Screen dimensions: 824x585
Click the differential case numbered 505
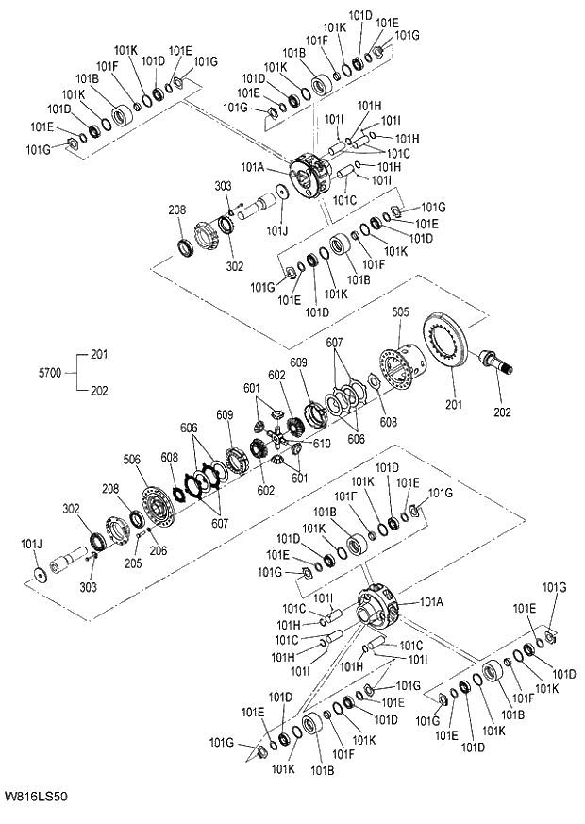click(402, 366)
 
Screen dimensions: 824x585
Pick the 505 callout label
click(401, 311)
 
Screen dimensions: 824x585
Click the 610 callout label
click(321, 444)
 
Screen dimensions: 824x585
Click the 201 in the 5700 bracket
click(99, 355)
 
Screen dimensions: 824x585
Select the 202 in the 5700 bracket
click(99, 390)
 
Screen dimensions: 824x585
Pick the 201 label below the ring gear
click(455, 406)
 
